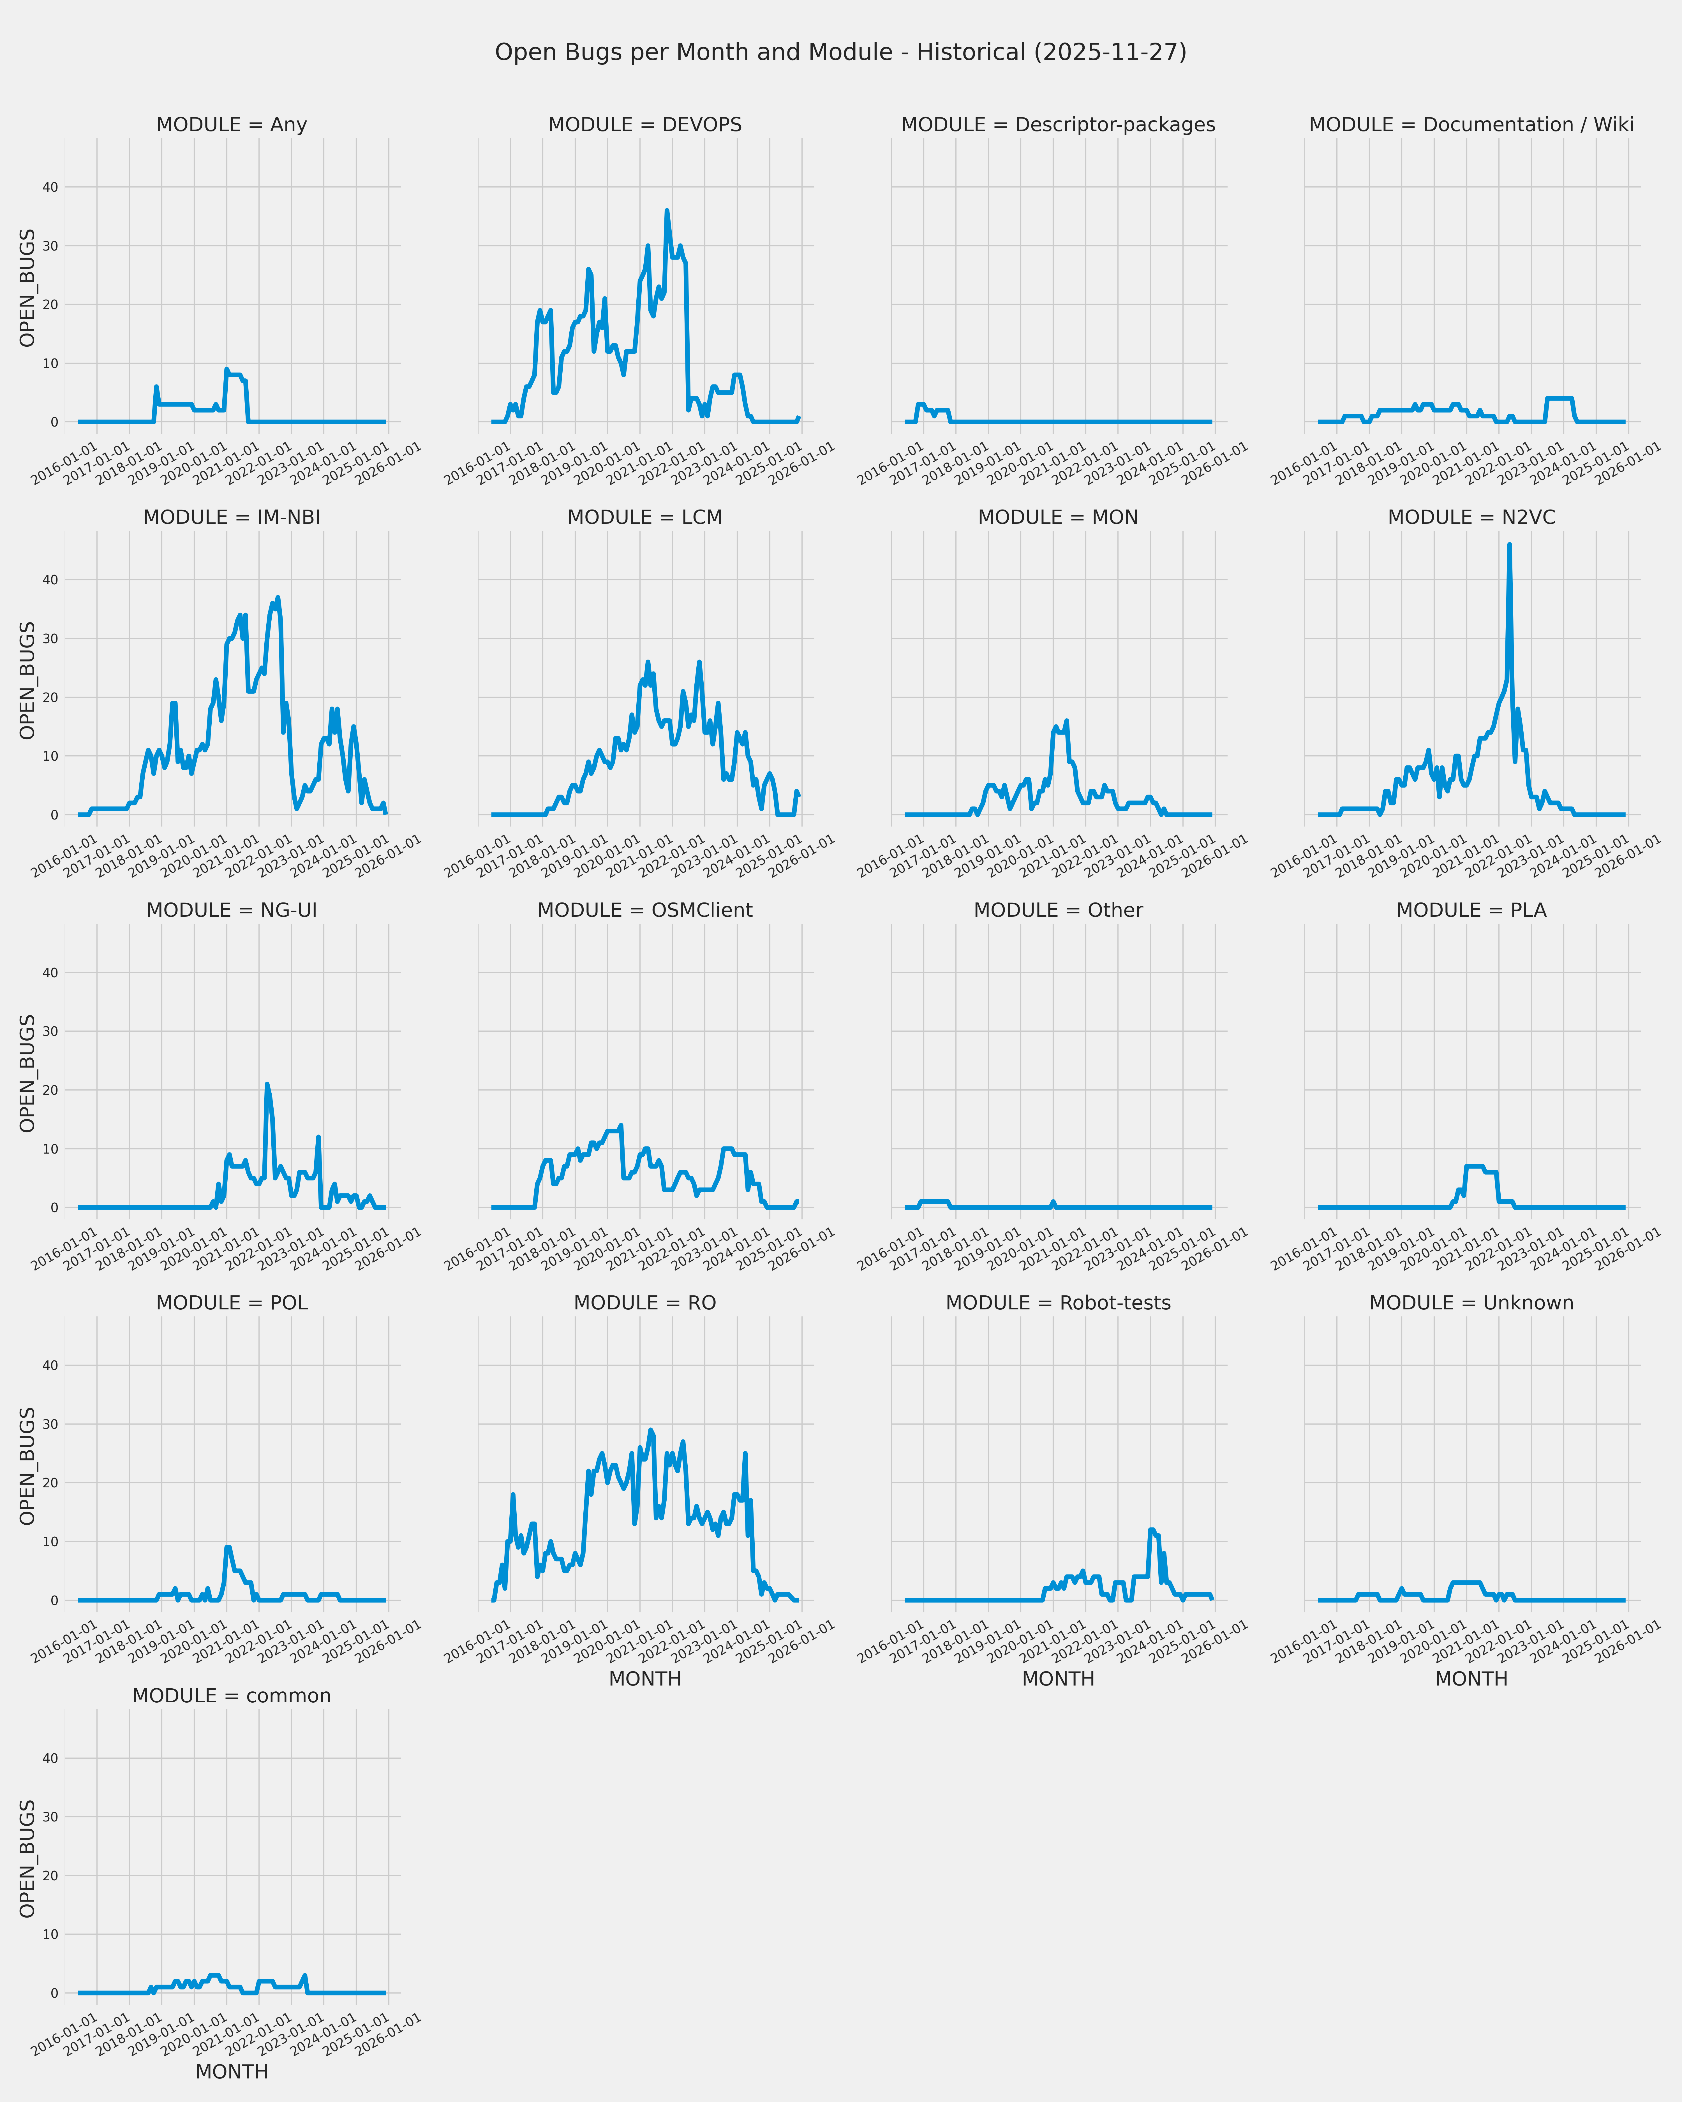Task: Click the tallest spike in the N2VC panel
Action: click(1509, 546)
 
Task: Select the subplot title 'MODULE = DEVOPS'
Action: click(644, 125)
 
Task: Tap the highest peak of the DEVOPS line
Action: click(667, 210)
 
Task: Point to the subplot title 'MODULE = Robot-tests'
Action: click(1058, 1302)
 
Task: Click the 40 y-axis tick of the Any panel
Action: click(50, 187)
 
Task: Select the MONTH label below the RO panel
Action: click(644, 1679)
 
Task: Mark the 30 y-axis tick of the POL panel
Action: click(50, 1424)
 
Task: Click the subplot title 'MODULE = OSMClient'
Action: click(644, 910)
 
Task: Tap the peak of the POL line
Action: click(227, 1547)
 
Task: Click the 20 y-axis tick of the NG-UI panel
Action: click(50, 1090)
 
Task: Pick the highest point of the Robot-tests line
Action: click(1152, 1530)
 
